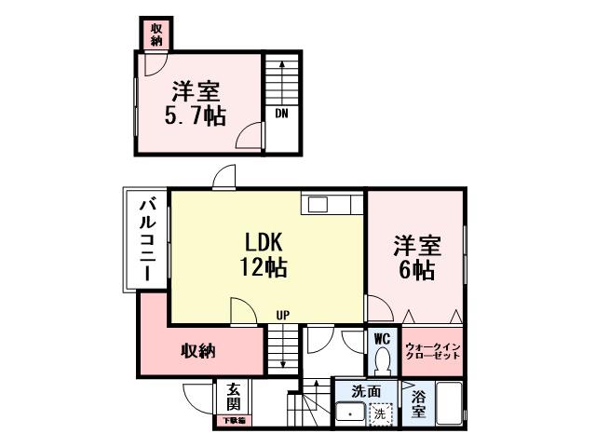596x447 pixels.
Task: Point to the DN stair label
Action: click(280, 114)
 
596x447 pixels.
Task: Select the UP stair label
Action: click(280, 315)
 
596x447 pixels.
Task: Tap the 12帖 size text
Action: click(264, 268)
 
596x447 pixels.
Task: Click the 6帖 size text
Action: click(415, 270)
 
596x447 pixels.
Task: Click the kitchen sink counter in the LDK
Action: click(325, 204)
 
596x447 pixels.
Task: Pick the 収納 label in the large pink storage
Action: click(198, 351)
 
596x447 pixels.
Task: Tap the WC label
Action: click(381, 339)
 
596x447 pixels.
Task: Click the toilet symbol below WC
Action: click(381, 360)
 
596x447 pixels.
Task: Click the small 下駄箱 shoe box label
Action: click(233, 421)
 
